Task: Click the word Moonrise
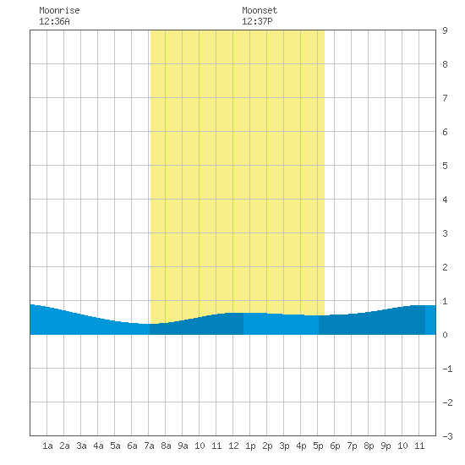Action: (59, 10)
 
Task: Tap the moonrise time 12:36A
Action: (54, 21)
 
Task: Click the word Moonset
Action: (260, 10)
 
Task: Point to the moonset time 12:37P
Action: (257, 21)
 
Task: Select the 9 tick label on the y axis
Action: (445, 30)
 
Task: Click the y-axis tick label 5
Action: (445, 166)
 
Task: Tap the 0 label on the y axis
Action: (445, 335)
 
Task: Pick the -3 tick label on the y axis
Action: (447, 436)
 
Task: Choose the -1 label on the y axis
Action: (447, 369)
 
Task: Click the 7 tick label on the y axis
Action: (445, 98)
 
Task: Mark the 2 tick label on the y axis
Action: (445, 267)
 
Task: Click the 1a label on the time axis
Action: (47, 446)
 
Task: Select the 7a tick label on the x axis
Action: (149, 446)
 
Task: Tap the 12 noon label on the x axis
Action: (233, 446)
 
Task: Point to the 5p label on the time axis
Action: (318, 446)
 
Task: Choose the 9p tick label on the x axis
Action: (386, 446)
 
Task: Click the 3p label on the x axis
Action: (284, 446)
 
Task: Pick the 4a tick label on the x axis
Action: (98, 446)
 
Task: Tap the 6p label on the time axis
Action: (335, 446)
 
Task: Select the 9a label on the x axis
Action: (183, 446)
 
